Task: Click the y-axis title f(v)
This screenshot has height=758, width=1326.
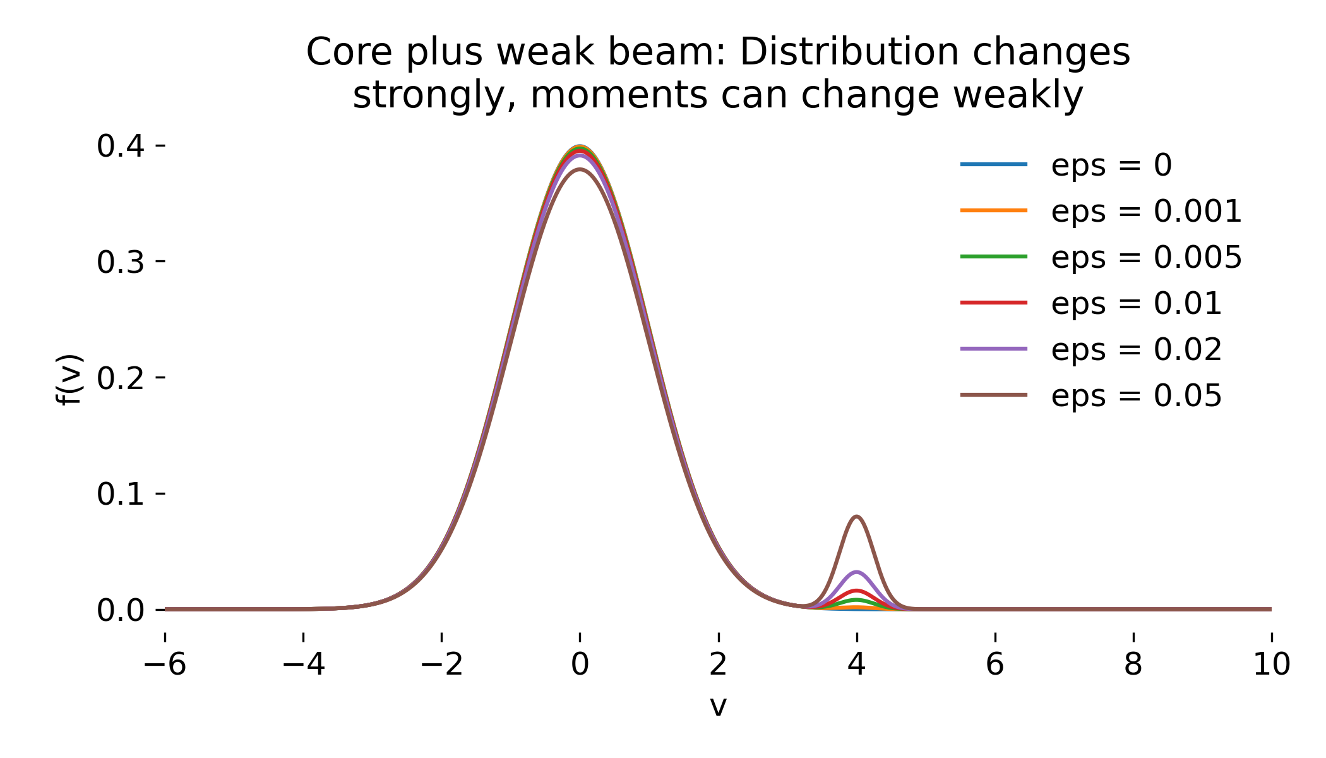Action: coord(69,379)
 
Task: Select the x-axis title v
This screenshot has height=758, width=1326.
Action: coord(718,706)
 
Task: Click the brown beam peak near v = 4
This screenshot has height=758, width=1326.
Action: coord(856,517)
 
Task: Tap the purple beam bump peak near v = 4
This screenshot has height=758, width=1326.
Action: coord(856,572)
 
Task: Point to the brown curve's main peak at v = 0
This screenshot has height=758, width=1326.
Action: coord(580,169)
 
